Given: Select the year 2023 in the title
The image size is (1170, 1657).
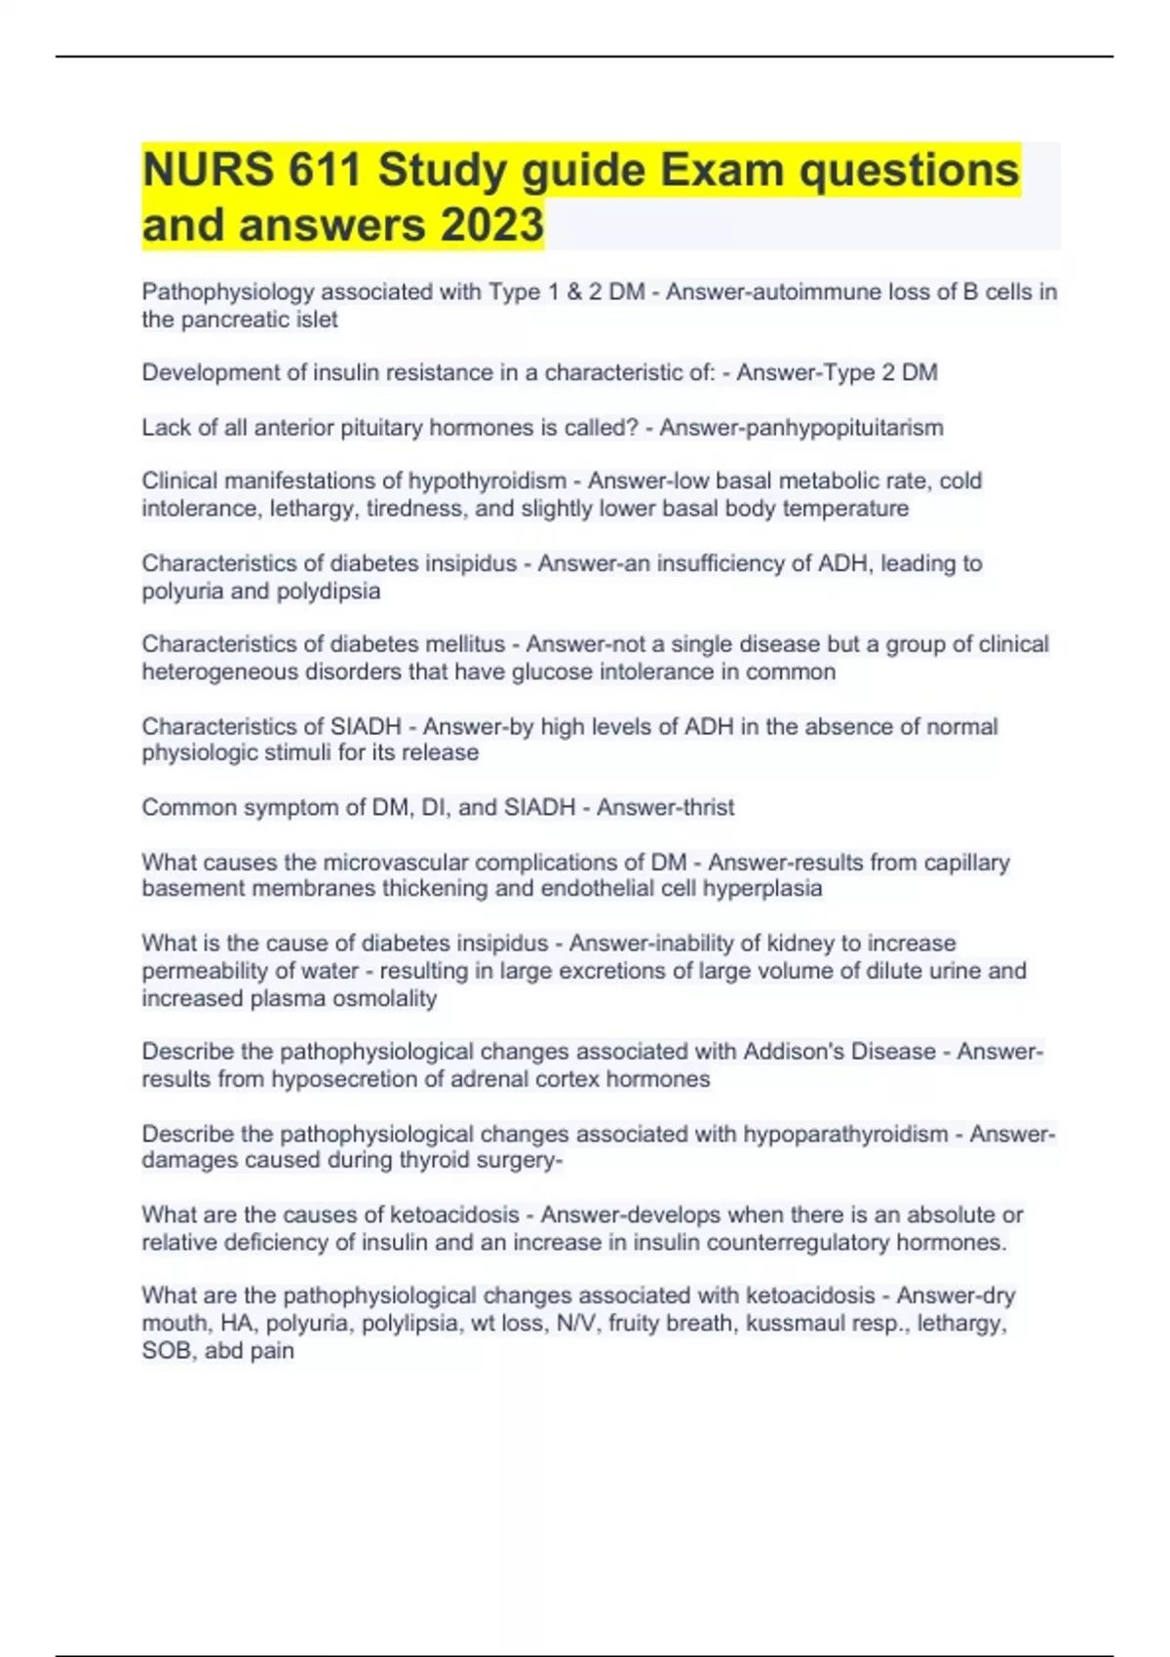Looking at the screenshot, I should [x=491, y=225].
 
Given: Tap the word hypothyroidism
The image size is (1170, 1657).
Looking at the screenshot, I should [x=487, y=482].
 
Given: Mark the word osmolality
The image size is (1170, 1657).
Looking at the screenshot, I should [x=383, y=999].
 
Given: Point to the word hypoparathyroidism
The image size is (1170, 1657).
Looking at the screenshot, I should [x=845, y=1135].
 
